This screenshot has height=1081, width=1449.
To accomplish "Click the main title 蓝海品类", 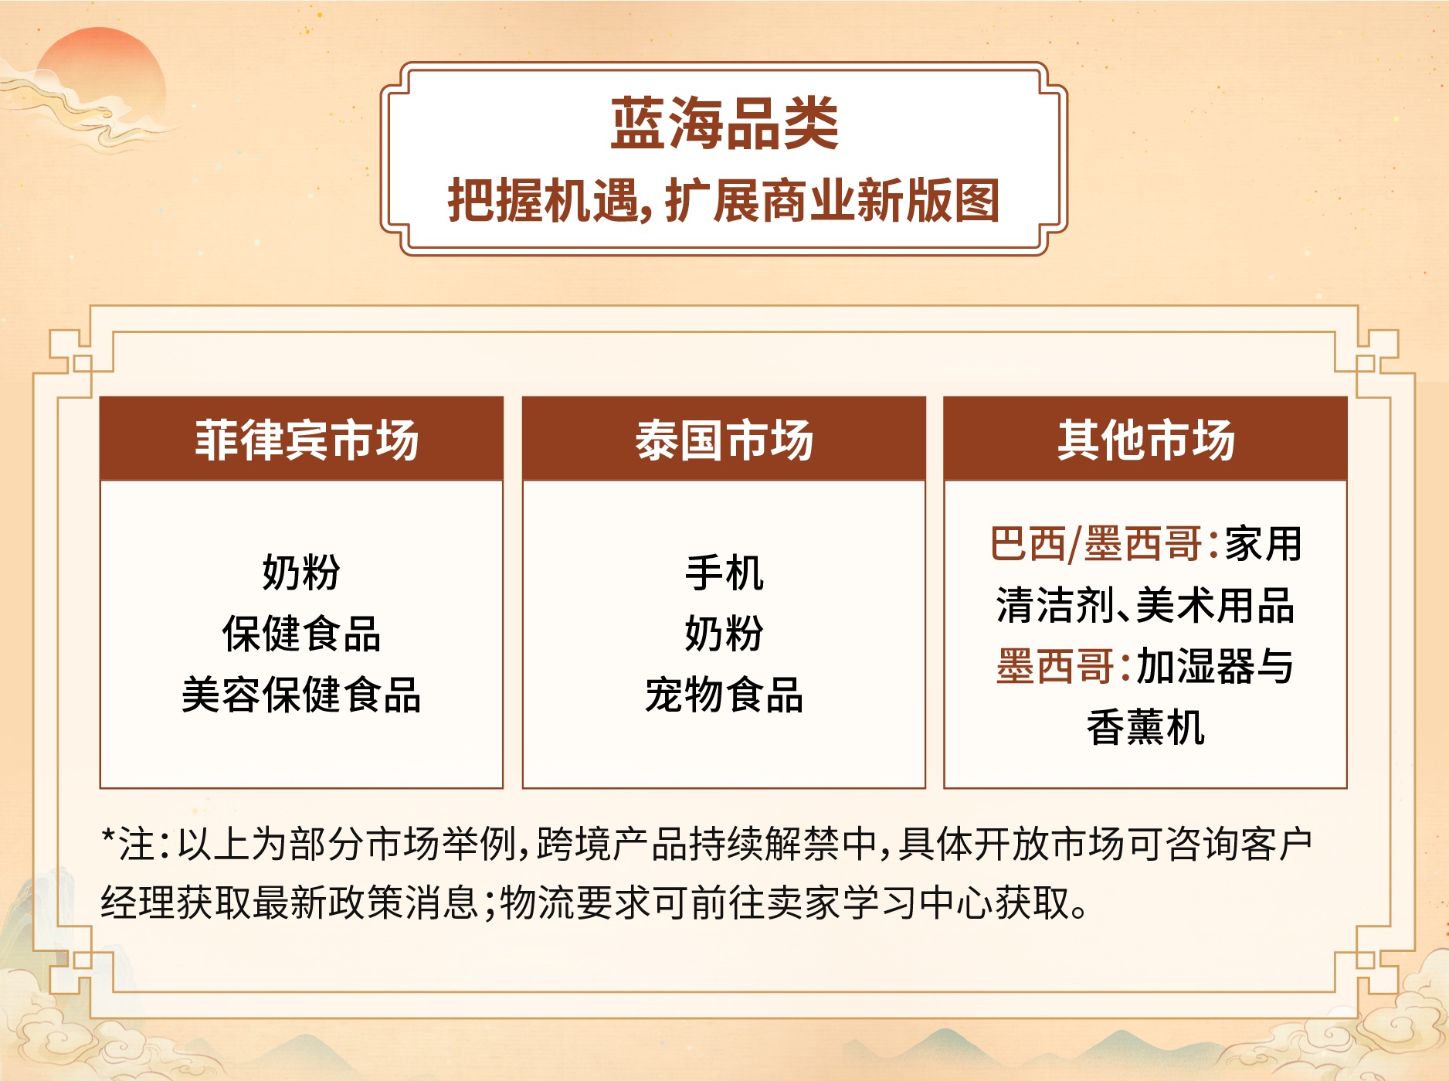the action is click(x=724, y=124).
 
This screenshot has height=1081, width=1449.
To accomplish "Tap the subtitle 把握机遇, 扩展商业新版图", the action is click(x=724, y=200).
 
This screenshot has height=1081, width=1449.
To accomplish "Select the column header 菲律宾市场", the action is click(x=307, y=440).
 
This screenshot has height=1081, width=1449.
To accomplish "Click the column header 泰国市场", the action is click(x=724, y=440).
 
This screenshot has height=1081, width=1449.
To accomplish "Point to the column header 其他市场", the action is click(x=1146, y=440).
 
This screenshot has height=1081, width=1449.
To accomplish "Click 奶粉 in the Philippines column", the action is click(x=301, y=573).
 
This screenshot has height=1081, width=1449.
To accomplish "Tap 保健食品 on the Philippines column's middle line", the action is click(x=301, y=634).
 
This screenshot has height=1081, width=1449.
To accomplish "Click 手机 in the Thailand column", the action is click(x=724, y=573).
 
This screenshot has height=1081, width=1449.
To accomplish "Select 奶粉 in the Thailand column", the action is click(x=724, y=634).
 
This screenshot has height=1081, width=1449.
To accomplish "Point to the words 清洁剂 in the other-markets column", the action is click(x=1056, y=605).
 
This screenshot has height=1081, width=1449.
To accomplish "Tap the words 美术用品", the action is click(x=1216, y=605).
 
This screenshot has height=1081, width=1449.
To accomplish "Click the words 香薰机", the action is click(x=1146, y=727).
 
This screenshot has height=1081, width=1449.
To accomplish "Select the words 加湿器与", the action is click(x=1215, y=666).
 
